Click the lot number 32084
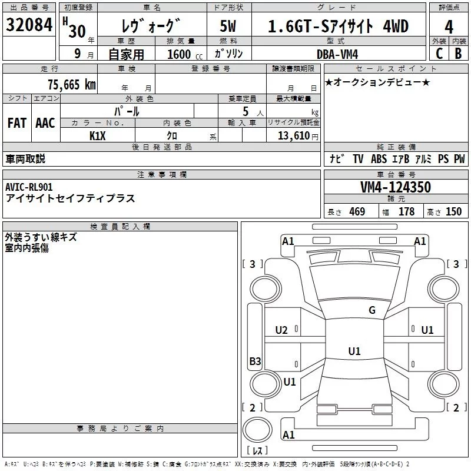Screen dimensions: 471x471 (x=29, y=25)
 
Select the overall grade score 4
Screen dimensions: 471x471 (x=449, y=27)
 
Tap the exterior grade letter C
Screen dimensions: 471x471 (x=439, y=54)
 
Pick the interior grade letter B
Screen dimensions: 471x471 (x=459, y=54)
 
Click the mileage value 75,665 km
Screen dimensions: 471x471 (x=72, y=85)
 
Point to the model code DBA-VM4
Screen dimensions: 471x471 (x=337, y=54)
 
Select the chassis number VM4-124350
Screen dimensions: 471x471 (x=396, y=187)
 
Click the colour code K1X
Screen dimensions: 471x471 (x=98, y=136)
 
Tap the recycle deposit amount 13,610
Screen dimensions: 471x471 (x=294, y=136)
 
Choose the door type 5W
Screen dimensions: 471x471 (x=228, y=26)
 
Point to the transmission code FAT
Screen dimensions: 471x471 (x=17, y=123)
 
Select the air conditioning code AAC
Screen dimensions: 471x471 (x=45, y=123)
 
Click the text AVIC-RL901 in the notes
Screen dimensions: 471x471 (x=29, y=187)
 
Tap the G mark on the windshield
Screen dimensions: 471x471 (x=372, y=310)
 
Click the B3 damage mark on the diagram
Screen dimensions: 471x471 (x=255, y=361)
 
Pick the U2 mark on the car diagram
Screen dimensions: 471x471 (x=281, y=330)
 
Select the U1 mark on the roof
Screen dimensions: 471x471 (x=354, y=351)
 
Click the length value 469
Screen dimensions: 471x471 (x=357, y=211)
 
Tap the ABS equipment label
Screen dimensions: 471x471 (x=379, y=158)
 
